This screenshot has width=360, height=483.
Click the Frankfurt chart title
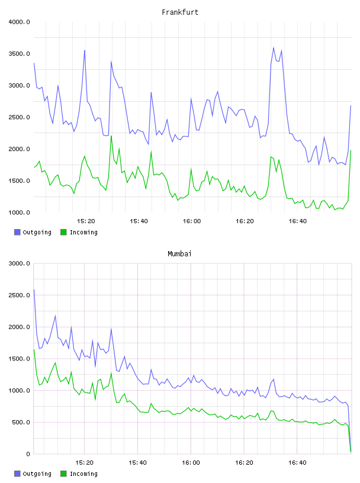tap(180, 12)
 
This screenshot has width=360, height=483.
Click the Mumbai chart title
tap(179, 254)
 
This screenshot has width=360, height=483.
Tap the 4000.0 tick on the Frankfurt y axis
tap(19, 22)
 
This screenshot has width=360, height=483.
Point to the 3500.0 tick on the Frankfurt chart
tap(19, 54)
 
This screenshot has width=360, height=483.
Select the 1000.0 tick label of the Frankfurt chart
tap(19, 212)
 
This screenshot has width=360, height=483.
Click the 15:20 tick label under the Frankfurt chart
tap(86, 221)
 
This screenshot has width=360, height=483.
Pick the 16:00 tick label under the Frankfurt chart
tap(191, 221)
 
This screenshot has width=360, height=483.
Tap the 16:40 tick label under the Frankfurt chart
tap(297, 221)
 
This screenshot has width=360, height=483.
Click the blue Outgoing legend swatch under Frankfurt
tap(17, 232)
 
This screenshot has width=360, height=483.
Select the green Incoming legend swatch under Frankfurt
tap(63, 232)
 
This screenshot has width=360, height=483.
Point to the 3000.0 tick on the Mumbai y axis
tap(19, 263)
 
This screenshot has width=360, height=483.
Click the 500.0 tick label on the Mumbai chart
tap(21, 422)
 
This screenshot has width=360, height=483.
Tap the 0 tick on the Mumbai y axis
tap(28, 454)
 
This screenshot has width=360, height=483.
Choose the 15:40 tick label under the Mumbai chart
tap(137, 463)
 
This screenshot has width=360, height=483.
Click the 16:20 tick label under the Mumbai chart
tap(244, 463)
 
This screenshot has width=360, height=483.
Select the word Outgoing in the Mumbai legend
tap(37, 474)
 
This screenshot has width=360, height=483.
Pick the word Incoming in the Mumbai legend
tap(83, 474)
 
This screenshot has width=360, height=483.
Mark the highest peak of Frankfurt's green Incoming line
tap(111, 136)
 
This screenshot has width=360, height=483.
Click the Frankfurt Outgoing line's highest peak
tap(274, 47)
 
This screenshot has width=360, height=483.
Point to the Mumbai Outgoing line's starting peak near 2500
tap(34, 289)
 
